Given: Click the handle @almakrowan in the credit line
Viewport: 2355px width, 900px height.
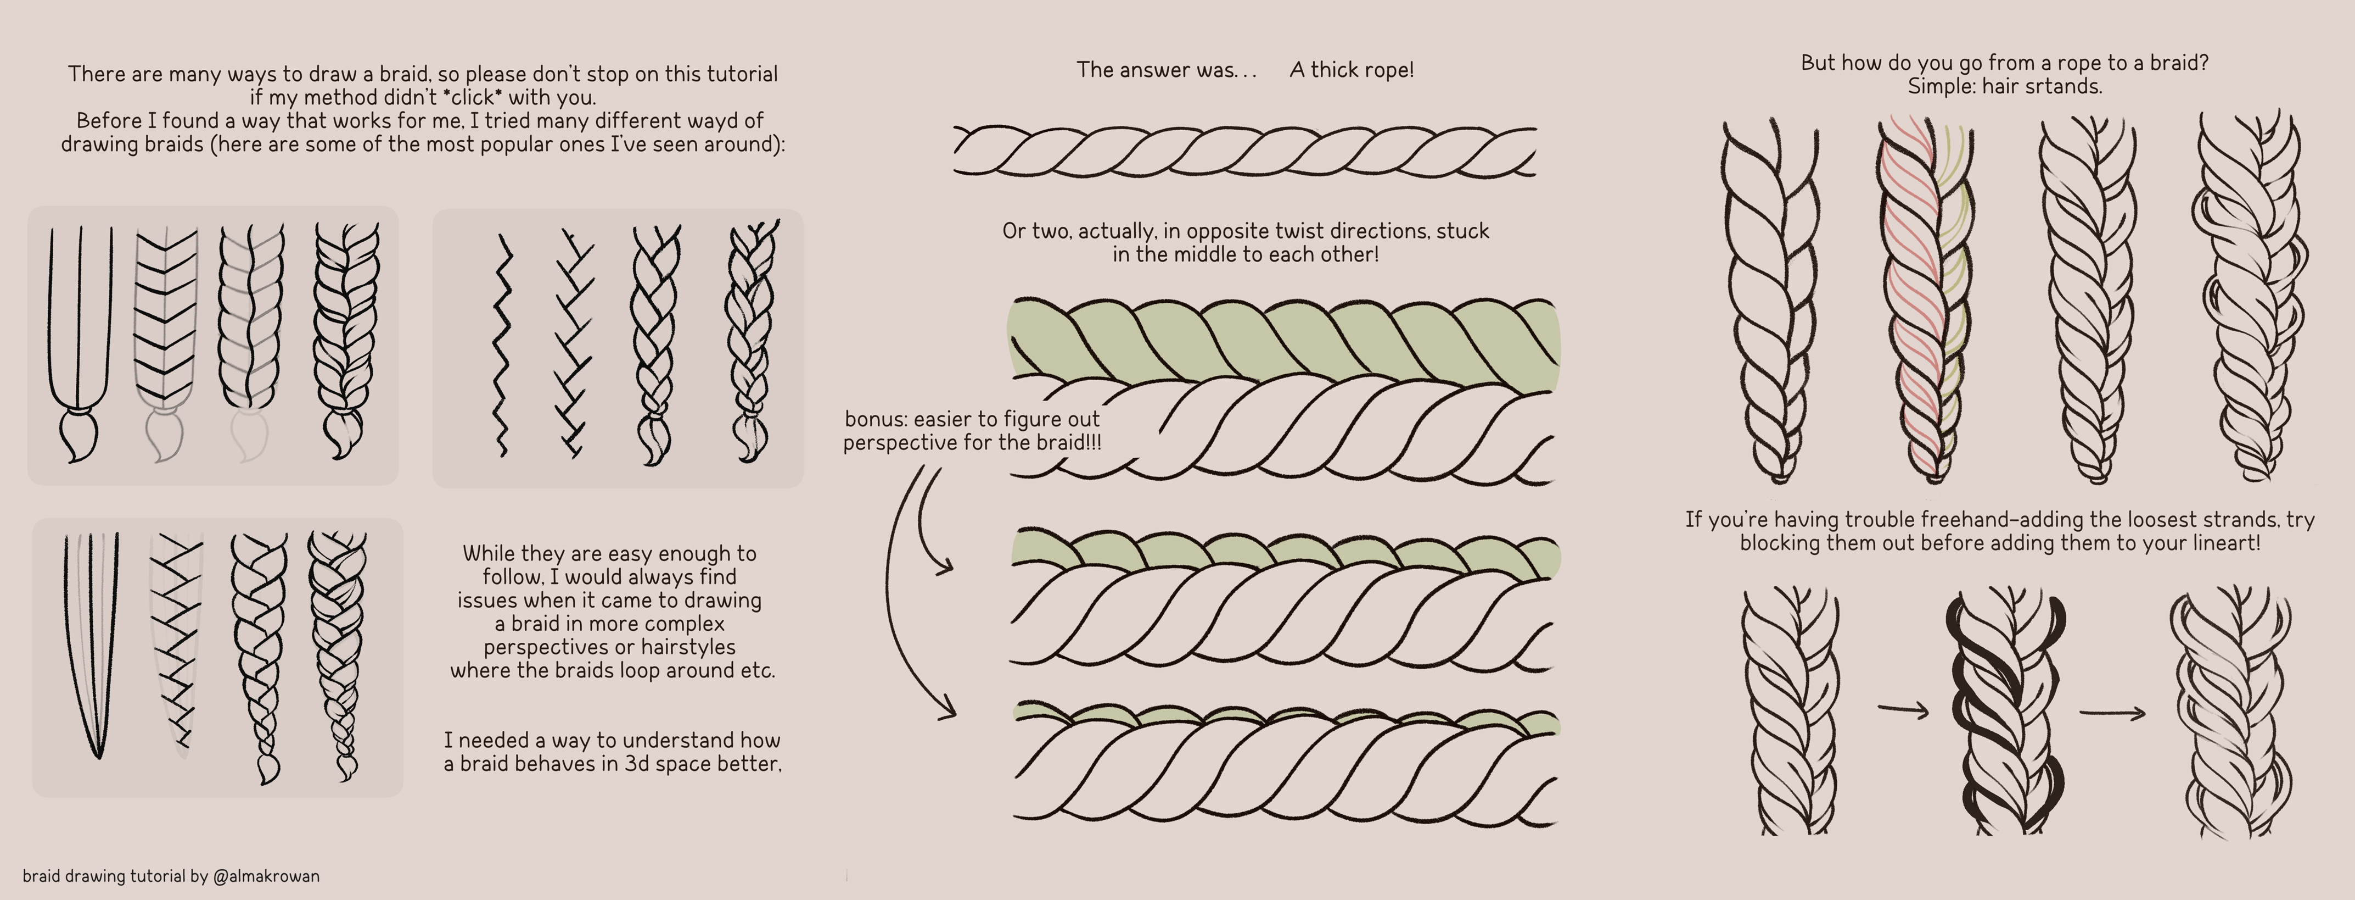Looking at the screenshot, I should point(266,876).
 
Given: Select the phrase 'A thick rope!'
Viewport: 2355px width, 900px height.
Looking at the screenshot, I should point(1351,70).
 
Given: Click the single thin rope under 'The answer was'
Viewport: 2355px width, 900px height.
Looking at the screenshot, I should point(1243,152).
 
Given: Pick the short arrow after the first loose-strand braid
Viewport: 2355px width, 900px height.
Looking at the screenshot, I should point(1903,709).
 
